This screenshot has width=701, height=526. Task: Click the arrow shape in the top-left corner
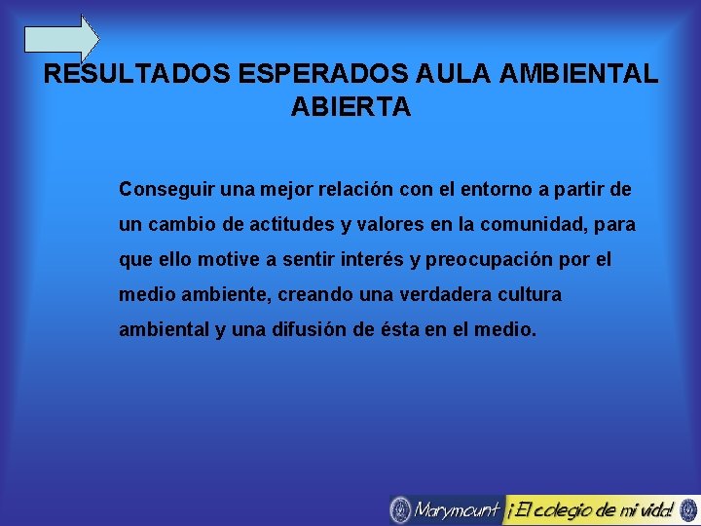60,39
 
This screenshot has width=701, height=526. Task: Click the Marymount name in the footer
457,509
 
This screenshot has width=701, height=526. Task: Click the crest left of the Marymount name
400,509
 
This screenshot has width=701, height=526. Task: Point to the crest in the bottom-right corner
688,508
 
